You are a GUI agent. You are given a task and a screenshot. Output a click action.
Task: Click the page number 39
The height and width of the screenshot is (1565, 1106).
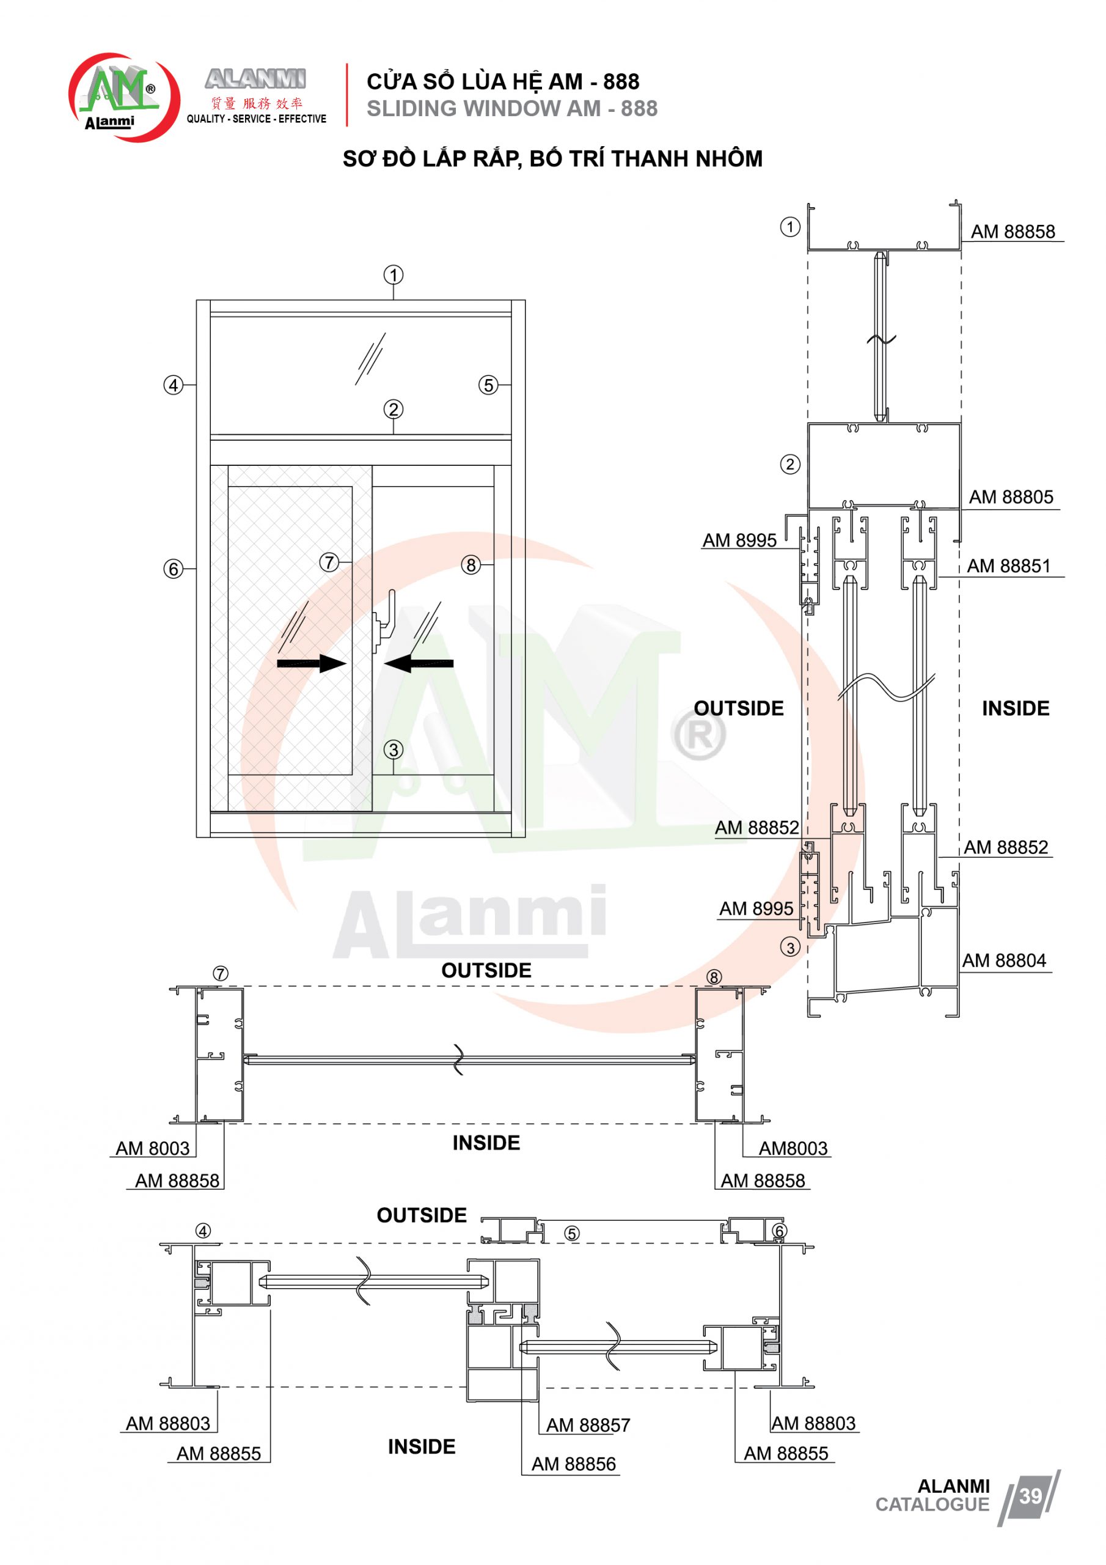(1030, 1495)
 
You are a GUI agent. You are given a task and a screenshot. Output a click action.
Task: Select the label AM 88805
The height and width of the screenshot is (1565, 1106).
(1011, 497)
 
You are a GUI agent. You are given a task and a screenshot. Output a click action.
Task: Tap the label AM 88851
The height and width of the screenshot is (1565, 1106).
(1009, 565)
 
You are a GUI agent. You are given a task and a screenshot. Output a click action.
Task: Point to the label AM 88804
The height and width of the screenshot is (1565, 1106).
(1004, 960)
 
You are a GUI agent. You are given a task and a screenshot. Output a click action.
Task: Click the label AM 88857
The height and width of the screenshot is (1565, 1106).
(588, 1424)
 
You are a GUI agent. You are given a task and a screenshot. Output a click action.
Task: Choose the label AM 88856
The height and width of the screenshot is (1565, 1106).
(574, 1464)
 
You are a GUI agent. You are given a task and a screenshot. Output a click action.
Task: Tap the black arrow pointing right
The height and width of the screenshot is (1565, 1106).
(312, 663)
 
